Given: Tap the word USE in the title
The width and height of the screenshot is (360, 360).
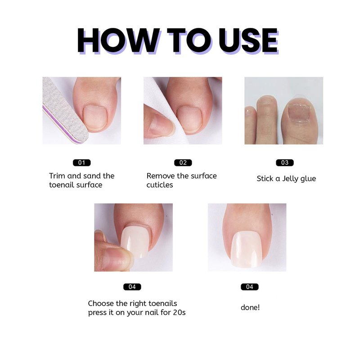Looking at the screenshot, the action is [248, 41].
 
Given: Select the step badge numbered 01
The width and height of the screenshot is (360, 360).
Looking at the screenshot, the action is [82, 162].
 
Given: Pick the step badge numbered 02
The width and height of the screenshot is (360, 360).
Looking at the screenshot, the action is [183, 162].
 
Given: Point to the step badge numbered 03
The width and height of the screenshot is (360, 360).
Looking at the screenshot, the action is [285, 162].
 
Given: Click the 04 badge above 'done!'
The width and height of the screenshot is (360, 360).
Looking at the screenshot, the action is [250, 287].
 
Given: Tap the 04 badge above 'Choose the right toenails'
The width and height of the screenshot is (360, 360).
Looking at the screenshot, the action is [132, 287].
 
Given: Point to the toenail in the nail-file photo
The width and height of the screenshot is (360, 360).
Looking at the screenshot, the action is [95, 118].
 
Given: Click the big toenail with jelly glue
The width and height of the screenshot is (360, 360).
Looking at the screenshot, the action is [299, 112].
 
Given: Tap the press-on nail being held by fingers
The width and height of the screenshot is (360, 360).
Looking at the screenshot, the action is [135, 242].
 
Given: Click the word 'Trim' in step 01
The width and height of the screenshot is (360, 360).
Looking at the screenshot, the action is [57, 176].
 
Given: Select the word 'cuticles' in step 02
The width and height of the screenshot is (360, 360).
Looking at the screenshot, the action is [160, 185].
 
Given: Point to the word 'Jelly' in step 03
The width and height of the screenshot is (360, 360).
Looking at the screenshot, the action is [291, 179].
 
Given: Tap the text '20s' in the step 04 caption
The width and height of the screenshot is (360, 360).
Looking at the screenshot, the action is [179, 312].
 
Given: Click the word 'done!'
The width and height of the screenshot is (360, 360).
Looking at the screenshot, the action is [250, 307].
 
